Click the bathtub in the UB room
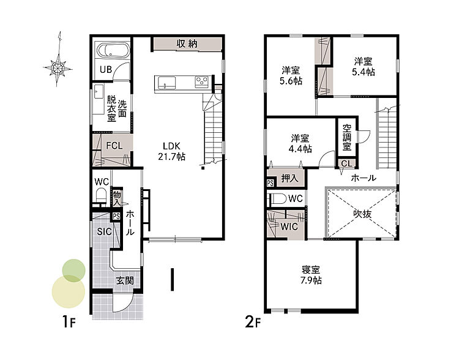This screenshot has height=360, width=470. click(112, 50)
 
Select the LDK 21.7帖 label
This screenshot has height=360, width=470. click(171, 151)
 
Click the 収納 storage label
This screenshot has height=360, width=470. click(187, 44)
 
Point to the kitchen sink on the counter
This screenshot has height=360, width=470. click(166, 82)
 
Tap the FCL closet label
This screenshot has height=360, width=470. click(114, 146)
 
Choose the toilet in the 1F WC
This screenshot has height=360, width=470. click(101, 196)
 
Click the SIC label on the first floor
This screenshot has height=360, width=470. click(104, 231)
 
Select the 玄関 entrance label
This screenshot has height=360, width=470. click(125, 281)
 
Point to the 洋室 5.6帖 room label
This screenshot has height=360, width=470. click(291, 76)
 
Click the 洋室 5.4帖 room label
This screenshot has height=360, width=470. click(364, 67)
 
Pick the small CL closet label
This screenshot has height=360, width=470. click(347, 163)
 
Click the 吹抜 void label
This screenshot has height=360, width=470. click(362, 214)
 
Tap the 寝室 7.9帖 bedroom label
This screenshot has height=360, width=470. click(311, 275)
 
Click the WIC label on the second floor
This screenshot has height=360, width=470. click(289, 227)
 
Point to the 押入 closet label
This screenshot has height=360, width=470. click(289, 178)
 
